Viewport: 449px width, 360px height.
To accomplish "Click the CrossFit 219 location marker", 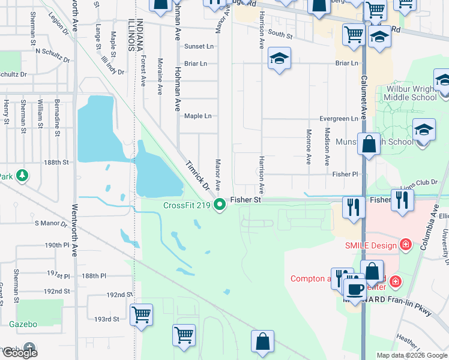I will point(220,205).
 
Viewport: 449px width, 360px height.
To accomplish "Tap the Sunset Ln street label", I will point(199,46).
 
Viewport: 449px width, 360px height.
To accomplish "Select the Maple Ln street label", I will point(197,116).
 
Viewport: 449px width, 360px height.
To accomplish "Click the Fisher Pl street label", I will point(345,174).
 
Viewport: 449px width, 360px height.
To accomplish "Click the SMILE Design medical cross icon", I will point(406,245).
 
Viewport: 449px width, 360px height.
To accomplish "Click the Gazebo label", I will point(23,324).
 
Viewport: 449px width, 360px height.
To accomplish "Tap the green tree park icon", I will point(22,175).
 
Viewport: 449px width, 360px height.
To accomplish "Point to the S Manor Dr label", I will point(53,223).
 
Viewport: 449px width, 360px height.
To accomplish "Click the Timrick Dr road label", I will point(197,175).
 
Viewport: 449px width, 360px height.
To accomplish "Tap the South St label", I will point(280,36).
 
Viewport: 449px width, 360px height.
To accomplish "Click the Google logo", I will point(20,353).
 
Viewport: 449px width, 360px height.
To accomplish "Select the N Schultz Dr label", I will point(52,52).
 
